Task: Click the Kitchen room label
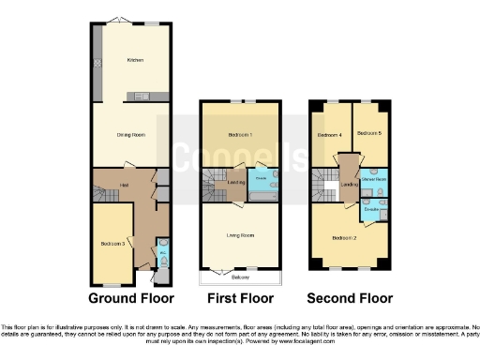point(134,60)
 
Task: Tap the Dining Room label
point(130,135)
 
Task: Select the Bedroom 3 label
point(112,244)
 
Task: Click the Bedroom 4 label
point(329,136)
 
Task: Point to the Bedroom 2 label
point(344,238)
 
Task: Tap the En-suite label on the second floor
point(371,210)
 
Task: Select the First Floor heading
point(240,299)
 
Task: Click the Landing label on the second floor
point(350,185)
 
